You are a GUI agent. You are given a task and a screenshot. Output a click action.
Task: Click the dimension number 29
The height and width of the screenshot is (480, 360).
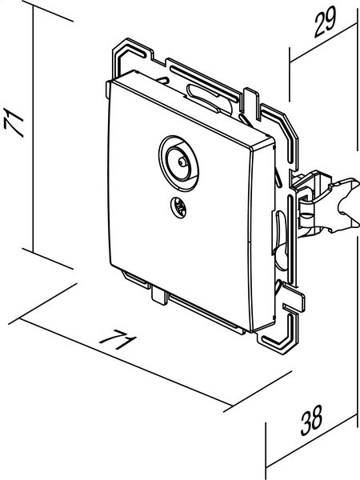[325, 22]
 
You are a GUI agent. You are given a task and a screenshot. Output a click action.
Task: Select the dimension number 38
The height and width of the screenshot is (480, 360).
[311, 420]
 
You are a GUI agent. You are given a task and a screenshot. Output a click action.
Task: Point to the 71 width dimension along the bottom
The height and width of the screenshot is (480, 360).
[118, 339]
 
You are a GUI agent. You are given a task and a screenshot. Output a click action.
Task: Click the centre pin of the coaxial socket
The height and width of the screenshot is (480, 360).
[182, 161]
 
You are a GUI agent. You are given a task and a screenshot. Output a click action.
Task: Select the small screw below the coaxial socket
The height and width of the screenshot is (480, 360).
[178, 207]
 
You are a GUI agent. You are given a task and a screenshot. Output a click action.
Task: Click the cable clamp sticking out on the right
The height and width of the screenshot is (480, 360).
[327, 202]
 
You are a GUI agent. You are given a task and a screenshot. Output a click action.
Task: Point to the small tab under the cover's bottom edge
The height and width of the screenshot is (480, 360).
[159, 295]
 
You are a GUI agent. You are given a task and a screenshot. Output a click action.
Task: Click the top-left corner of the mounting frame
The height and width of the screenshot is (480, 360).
[114, 49]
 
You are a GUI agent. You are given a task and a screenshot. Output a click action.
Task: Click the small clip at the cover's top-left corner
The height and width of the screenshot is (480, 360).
[108, 90]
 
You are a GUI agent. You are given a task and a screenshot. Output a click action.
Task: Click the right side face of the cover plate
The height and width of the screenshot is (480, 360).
[262, 236]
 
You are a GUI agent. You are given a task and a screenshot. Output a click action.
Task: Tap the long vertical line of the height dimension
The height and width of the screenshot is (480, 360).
[33, 130]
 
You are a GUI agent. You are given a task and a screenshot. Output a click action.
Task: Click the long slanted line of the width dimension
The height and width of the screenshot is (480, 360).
[126, 362]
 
